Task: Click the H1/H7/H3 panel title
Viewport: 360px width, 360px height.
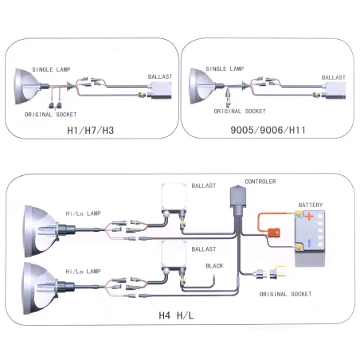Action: (91, 130)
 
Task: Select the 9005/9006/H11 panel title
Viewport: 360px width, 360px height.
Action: (268, 130)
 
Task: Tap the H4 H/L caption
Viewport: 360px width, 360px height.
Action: (176, 315)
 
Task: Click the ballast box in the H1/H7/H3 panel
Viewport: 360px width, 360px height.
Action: (161, 91)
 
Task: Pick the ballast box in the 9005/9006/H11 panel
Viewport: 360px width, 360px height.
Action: (335, 90)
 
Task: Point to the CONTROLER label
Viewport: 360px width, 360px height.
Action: (260, 182)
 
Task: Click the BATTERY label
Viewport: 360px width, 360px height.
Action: (311, 205)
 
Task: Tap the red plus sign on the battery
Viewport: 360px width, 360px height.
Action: (309, 217)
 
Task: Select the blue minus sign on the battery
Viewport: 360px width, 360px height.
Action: (309, 243)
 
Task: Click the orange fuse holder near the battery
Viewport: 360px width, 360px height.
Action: (274, 233)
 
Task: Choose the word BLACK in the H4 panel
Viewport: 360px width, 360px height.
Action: (214, 266)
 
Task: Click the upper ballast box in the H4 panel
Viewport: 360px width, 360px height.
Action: (174, 198)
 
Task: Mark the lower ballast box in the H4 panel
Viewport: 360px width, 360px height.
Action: (174, 256)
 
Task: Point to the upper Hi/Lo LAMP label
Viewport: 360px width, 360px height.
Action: (83, 213)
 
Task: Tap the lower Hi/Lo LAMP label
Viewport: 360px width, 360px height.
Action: (83, 272)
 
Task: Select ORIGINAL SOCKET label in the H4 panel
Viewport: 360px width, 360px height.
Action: (285, 294)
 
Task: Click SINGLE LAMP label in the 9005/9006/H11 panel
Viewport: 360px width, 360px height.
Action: (225, 68)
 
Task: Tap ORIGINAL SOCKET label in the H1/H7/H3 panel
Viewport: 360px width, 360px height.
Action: (50, 115)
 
